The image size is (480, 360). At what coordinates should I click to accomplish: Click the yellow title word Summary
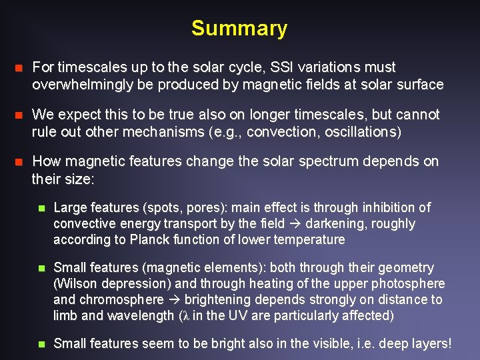click(239, 29)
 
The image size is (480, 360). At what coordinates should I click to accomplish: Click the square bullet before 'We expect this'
click(19, 115)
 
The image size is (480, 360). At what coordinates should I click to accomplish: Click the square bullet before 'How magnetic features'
click(19, 162)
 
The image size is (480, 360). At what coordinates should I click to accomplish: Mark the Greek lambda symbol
click(187, 316)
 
